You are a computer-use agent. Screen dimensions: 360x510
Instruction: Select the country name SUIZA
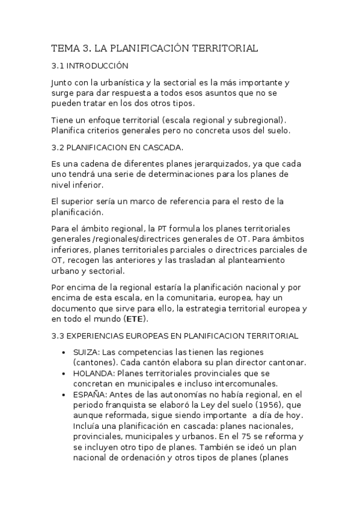[84, 351]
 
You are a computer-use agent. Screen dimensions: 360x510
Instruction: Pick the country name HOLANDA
[90, 373]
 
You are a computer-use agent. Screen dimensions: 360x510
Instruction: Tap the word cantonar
[288, 362]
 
